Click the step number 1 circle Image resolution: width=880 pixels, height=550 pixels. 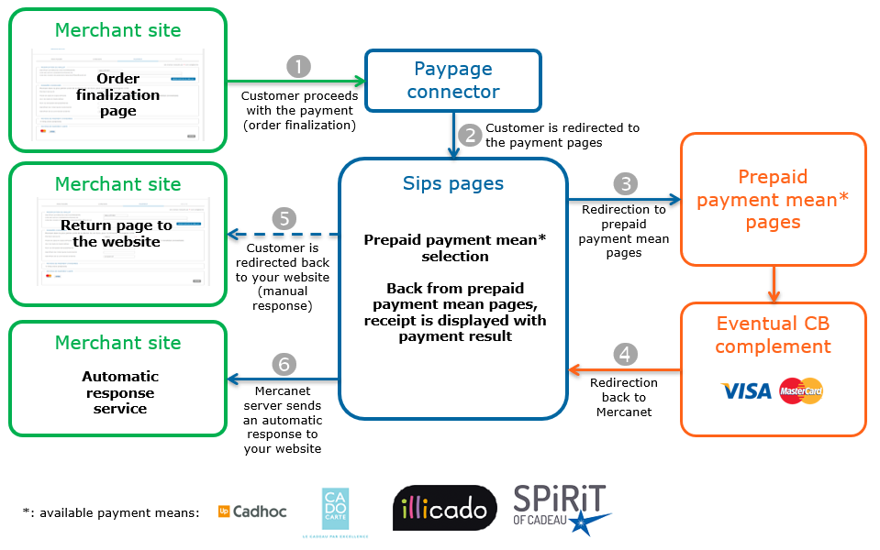(298, 66)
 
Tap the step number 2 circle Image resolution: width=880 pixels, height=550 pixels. (471, 135)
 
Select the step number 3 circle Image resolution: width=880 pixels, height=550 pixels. (625, 183)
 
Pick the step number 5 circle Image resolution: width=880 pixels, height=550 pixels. (285, 218)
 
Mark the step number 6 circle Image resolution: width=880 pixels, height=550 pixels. (284, 364)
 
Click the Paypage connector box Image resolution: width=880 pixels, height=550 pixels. (453, 81)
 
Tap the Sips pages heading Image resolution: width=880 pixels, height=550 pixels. (453, 183)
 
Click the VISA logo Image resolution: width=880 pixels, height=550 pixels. (746, 391)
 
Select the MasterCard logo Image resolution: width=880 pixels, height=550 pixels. (801, 391)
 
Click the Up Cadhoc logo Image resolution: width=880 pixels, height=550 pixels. (251, 511)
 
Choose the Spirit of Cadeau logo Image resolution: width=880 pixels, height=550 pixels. (561, 510)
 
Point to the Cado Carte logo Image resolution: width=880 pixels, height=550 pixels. (335, 509)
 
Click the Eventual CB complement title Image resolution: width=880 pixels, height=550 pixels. (773, 335)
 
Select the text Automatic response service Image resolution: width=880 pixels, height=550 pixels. (119, 392)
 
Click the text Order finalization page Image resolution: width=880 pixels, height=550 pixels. (118, 94)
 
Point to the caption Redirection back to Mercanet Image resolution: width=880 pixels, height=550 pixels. (624, 397)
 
